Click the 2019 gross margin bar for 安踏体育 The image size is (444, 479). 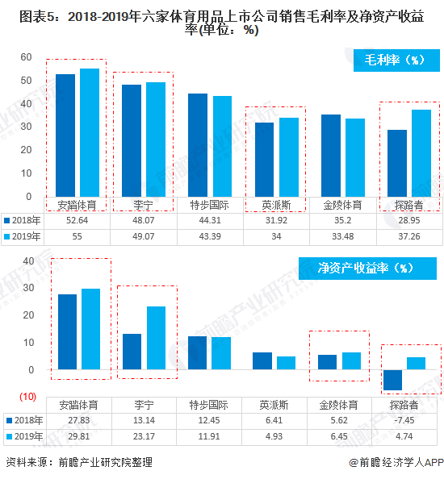90,132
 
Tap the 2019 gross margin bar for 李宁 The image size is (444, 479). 156,139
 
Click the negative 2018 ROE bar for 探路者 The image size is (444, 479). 393,380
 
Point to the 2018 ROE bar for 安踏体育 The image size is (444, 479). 67,331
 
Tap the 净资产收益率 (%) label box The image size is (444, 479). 367,269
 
